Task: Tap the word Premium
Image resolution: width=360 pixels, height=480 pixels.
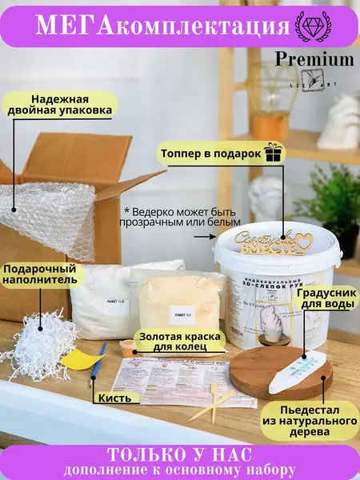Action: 314,59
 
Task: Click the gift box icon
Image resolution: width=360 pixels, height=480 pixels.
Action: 274,152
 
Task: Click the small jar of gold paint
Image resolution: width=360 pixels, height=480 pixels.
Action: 129,348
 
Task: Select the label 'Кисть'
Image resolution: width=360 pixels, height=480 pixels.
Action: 110,398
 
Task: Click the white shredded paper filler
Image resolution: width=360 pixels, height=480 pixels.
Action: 46,345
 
